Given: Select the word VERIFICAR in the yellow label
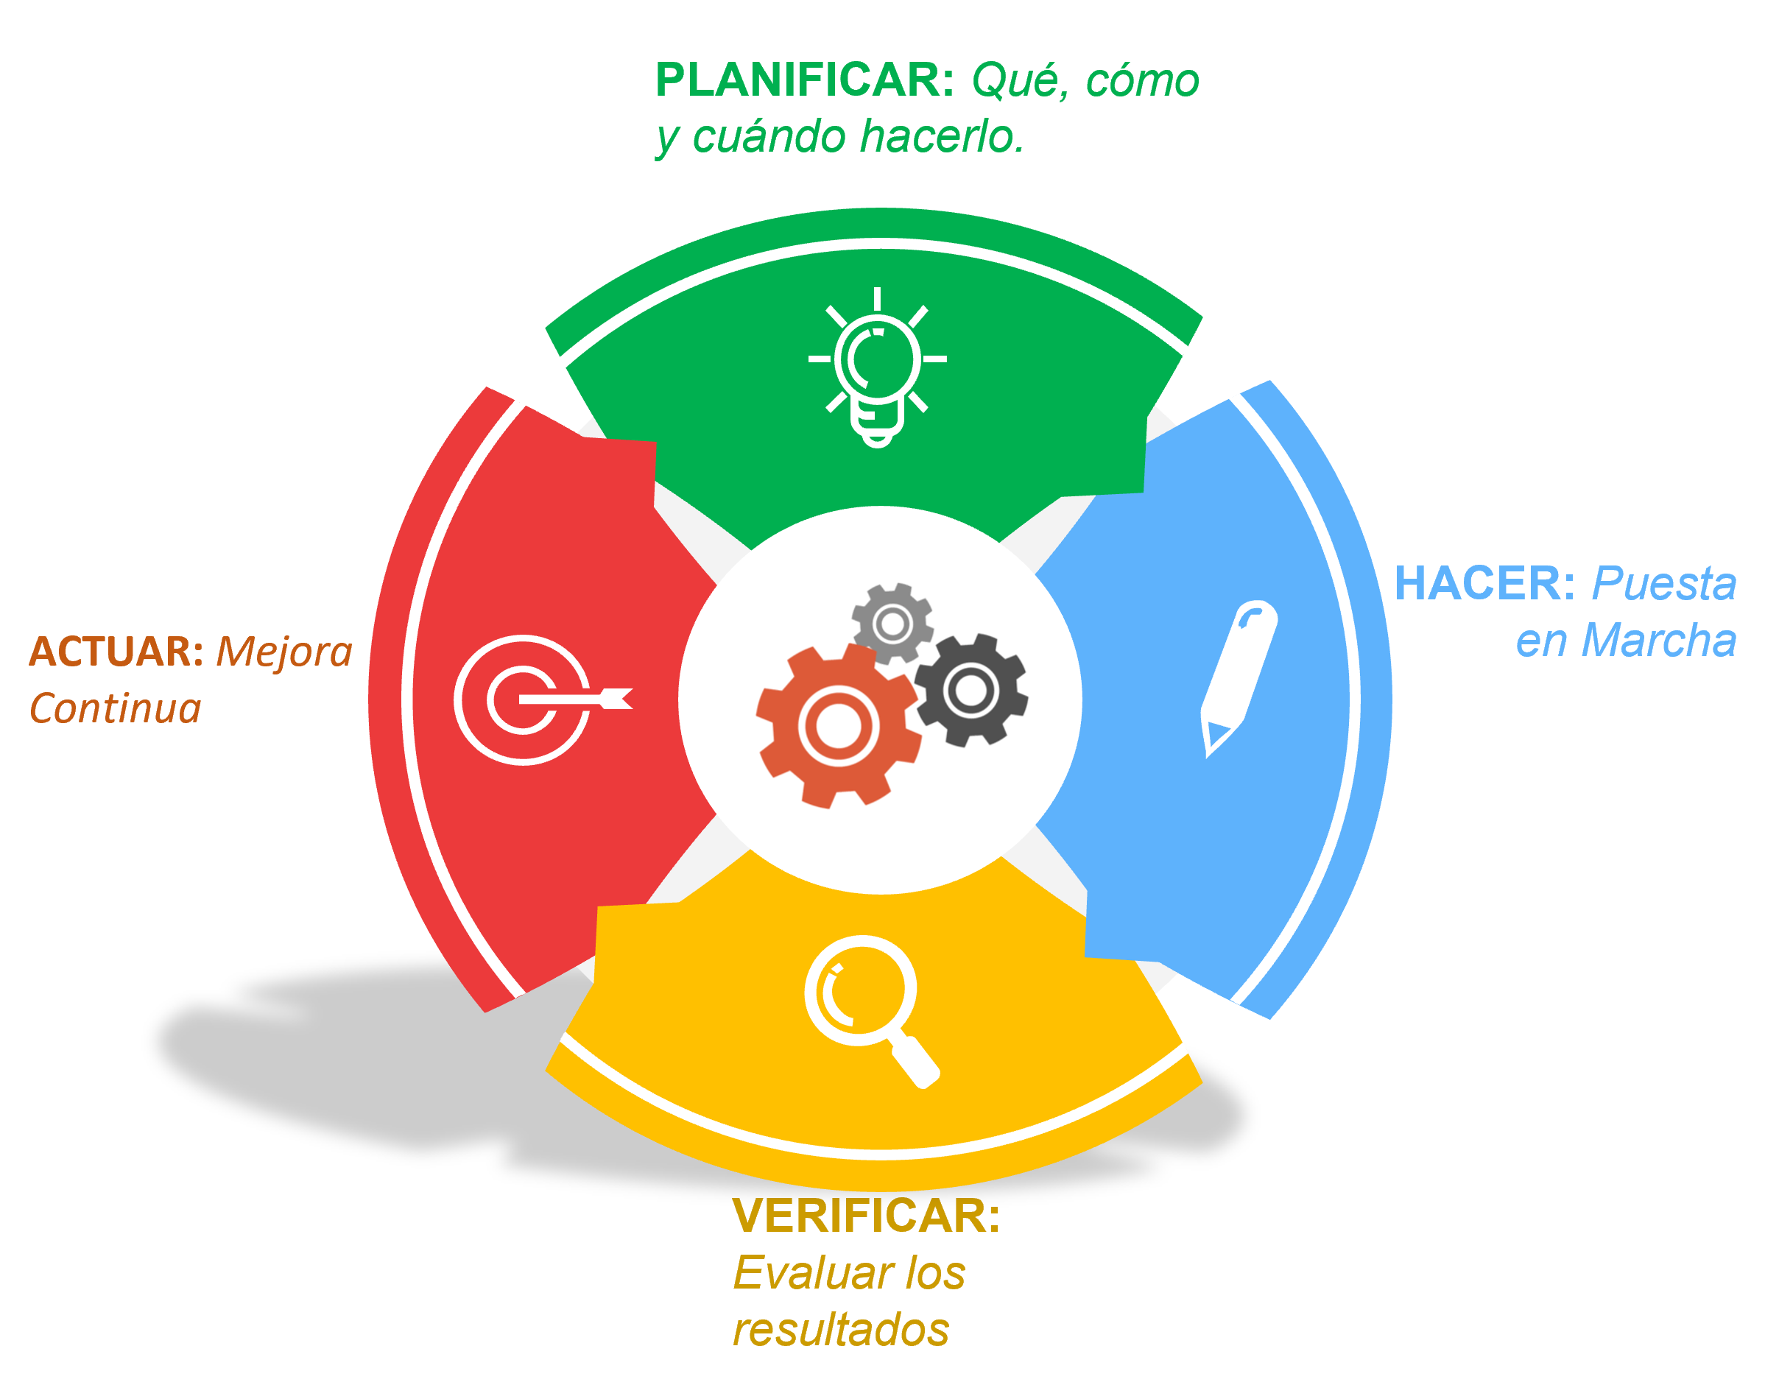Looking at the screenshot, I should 866,1216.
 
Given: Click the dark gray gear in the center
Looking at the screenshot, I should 970,690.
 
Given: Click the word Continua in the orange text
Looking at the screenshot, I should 115,709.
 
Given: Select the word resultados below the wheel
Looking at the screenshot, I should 841,1331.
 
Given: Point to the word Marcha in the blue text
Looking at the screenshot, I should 1658,641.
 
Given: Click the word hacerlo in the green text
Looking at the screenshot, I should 942,136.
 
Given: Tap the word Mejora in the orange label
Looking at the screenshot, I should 284,652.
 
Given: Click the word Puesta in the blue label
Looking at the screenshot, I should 1664,583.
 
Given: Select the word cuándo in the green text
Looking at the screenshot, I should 769,136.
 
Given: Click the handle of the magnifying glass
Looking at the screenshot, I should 915,1062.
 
